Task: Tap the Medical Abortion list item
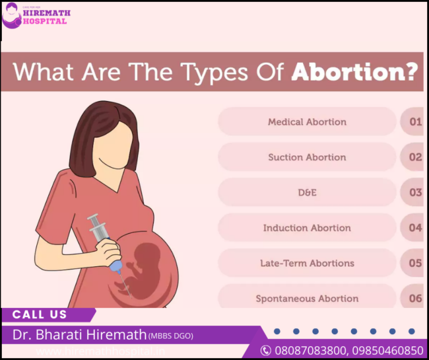pos(307,122)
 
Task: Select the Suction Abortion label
pos(307,157)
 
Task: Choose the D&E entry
pos(307,193)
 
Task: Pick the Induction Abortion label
pos(307,228)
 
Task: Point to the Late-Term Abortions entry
pos(307,263)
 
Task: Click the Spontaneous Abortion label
pos(307,299)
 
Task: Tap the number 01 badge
pos(415,122)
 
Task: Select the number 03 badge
pos(415,193)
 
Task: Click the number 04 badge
pos(415,228)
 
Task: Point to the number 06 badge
pos(415,299)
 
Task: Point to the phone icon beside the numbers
pos(266,350)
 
